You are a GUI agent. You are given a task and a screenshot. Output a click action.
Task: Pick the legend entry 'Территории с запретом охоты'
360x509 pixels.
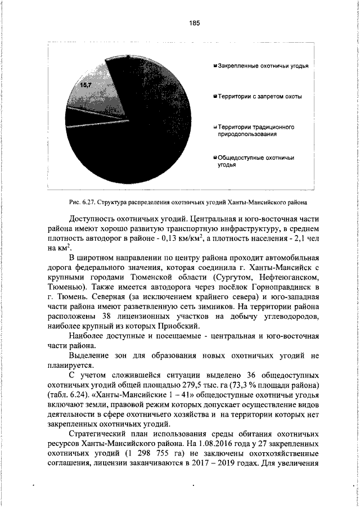(x=259, y=96)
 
